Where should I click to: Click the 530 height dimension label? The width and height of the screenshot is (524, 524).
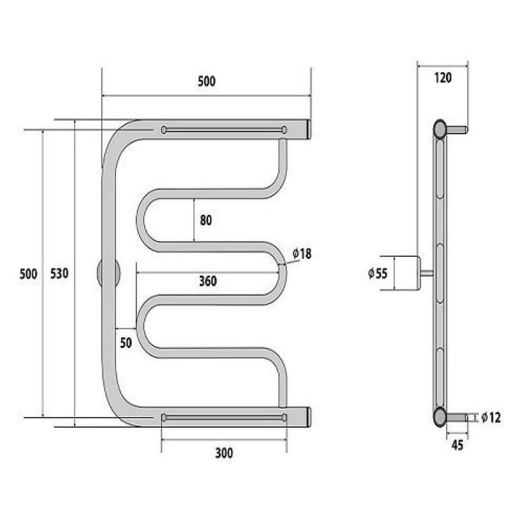click(59, 273)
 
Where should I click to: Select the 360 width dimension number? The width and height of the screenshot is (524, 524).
click(208, 281)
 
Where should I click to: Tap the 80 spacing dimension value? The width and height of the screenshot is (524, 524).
click(206, 220)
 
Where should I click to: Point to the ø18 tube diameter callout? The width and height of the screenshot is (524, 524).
click(302, 254)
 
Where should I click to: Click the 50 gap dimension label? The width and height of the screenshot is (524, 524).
click(126, 343)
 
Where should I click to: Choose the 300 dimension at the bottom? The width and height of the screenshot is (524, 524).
click(224, 453)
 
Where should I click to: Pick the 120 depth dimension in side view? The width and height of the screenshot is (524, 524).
click(443, 78)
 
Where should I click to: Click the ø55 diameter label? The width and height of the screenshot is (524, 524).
click(377, 273)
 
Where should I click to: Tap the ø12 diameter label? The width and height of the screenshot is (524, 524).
click(491, 418)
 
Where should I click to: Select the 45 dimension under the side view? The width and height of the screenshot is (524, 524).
click(457, 445)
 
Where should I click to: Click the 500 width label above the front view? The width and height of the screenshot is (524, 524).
click(207, 81)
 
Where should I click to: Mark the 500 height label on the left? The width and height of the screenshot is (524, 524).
click(28, 274)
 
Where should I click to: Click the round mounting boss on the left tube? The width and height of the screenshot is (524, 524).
click(109, 272)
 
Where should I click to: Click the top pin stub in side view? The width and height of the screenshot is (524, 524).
click(457, 130)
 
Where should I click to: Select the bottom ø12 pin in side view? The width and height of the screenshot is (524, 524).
click(457, 418)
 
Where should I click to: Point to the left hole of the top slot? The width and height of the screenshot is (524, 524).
click(164, 130)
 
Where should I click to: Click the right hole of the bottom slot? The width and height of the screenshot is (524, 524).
click(284, 418)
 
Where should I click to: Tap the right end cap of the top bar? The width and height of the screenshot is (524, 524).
click(309, 130)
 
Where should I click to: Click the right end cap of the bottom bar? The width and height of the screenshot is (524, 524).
click(309, 417)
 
